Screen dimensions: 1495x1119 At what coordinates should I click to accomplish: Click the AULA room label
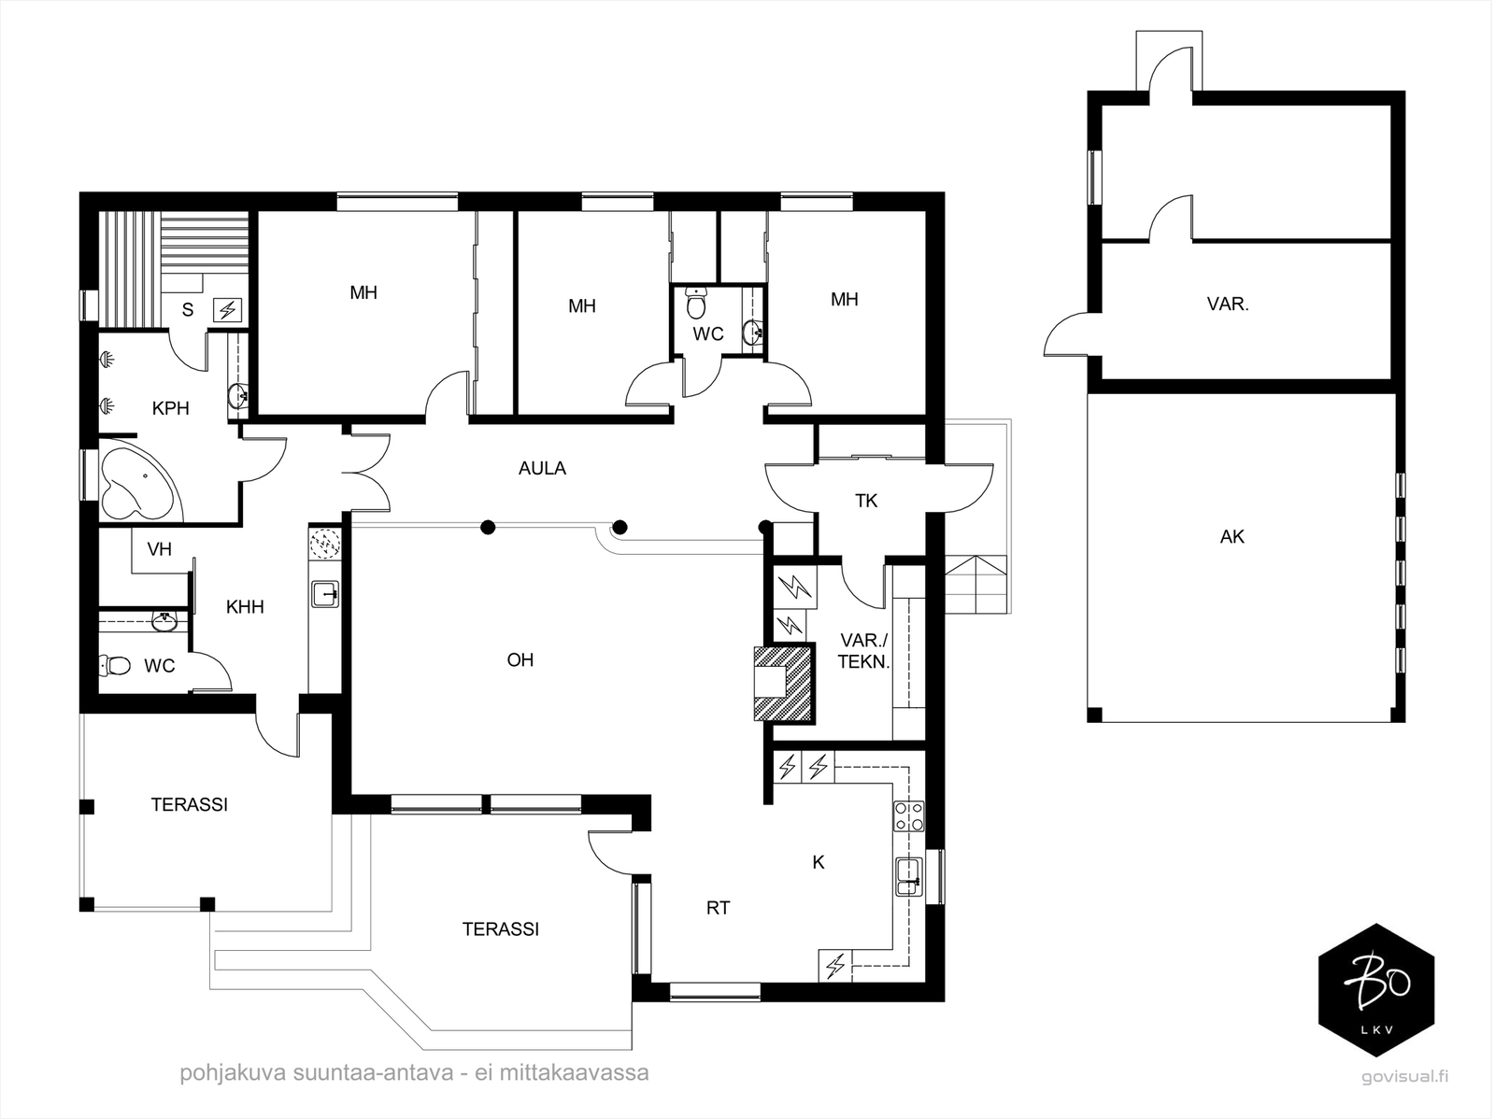coord(542,468)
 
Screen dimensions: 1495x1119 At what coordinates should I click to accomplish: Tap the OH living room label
coord(520,659)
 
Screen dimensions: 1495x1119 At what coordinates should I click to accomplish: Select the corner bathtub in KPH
coord(136,480)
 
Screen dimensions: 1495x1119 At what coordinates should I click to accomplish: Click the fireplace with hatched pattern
coord(784,683)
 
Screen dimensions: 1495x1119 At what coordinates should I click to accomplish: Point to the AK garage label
coord(1232,537)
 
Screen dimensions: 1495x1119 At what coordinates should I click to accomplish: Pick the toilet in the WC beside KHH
coord(115,664)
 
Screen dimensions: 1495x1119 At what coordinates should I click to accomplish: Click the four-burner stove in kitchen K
coord(909,816)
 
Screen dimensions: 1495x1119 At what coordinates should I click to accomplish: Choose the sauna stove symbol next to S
coord(227,310)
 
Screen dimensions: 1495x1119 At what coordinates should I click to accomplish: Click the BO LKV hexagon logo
coord(1376,990)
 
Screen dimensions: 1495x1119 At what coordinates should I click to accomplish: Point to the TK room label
coord(866,501)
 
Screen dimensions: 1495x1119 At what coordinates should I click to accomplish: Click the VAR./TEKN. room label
coord(864,651)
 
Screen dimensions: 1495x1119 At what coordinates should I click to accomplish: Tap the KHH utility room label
coord(245,607)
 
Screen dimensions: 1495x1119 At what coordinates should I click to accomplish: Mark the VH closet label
coord(160,549)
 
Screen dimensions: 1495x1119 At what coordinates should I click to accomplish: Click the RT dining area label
coord(719,908)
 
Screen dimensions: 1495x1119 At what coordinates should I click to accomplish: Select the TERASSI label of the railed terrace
coord(190,804)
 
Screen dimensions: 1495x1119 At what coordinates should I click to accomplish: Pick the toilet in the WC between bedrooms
coord(696,304)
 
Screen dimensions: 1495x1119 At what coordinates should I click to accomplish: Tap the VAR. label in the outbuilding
coord(1228,304)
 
